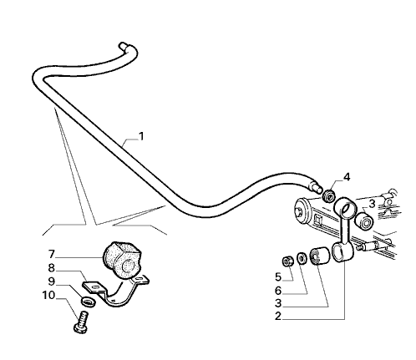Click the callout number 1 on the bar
[x=142, y=136]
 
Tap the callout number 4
[x=347, y=177]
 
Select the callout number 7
[x=52, y=254]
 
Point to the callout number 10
[x=48, y=295]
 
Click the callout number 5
[x=278, y=277]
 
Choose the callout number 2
[x=278, y=317]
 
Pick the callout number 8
[x=52, y=268]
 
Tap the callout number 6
[x=278, y=291]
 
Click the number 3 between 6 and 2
[x=278, y=303]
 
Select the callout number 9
[x=52, y=281]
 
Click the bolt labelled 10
[x=81, y=322]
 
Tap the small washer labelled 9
[x=89, y=302]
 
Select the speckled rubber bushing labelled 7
[x=122, y=260]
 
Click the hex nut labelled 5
[x=287, y=261]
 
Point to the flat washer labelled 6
[x=301, y=257]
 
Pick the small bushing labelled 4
[x=329, y=195]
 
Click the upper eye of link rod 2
[x=345, y=207]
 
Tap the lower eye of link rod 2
[x=342, y=251]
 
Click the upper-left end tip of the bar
[x=122, y=44]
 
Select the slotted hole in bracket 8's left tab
[x=95, y=286]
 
